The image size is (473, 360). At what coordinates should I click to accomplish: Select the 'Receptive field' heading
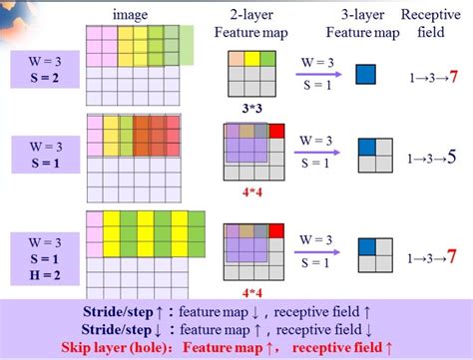point(431,24)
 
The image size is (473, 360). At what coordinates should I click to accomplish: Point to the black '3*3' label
point(251,107)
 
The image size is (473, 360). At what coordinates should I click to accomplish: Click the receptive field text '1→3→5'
point(431,157)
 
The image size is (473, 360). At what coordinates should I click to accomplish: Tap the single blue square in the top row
point(367,72)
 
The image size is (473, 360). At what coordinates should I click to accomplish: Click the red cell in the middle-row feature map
point(275,131)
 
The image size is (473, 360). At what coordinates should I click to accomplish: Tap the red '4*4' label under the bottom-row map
point(251,293)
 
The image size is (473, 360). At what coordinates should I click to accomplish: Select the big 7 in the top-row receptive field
point(453,76)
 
